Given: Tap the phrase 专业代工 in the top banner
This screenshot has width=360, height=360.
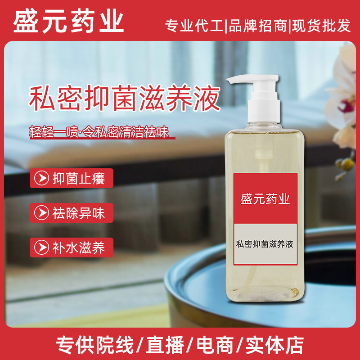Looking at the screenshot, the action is click(194, 25).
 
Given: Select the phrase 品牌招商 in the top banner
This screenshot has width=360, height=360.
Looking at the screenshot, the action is click(257, 25).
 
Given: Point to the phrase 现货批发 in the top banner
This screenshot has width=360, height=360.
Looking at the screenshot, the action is click(321, 25).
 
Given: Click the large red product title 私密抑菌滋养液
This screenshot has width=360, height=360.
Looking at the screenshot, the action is click(125, 98).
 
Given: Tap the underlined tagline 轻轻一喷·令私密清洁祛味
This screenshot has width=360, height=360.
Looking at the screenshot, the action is click(99, 132).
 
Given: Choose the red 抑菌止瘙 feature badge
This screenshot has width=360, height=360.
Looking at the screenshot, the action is click(72, 178).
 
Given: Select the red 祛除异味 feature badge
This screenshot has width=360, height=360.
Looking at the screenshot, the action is click(72, 213).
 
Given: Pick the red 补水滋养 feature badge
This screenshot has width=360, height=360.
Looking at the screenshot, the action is click(72, 247).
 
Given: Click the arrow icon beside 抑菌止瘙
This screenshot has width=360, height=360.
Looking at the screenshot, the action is click(41, 178).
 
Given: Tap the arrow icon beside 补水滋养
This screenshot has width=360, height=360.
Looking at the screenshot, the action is click(41, 247).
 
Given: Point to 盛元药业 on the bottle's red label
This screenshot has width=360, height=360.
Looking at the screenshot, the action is click(265, 199).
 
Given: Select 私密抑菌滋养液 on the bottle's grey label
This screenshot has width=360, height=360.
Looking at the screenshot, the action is click(265, 244).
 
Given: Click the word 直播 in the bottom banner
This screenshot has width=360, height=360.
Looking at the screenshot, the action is click(165, 345).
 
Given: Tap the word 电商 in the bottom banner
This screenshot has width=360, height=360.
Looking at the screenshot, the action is click(215, 345).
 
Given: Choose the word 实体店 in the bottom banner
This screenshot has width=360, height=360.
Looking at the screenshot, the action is click(274, 345).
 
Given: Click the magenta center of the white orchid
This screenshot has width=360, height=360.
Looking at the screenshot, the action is click(347, 105).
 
